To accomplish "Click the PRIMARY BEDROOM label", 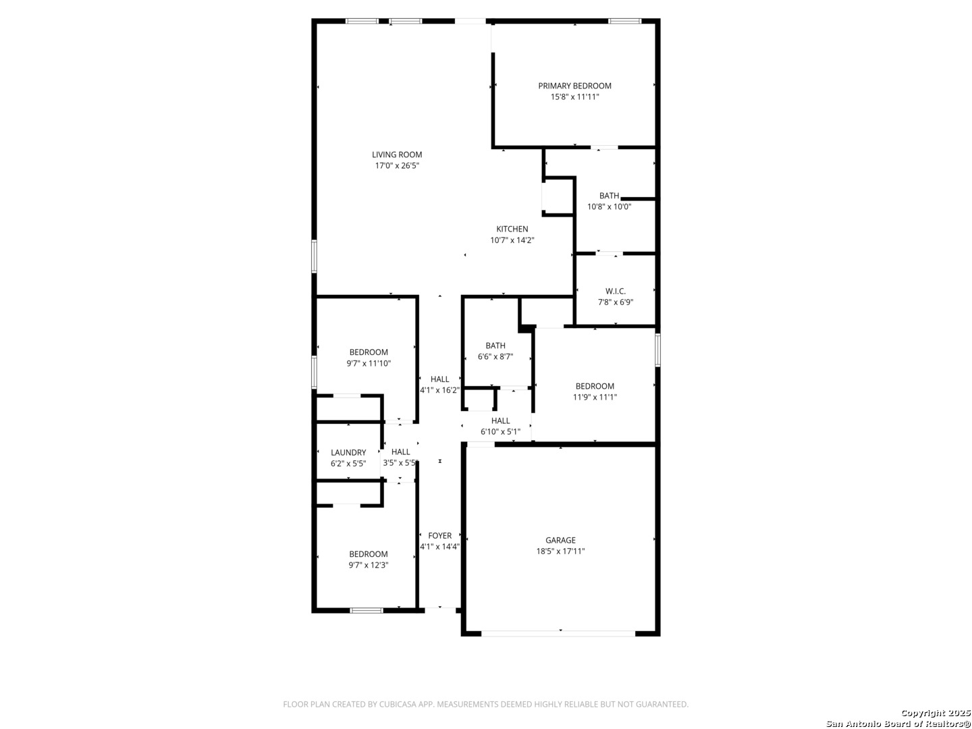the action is click(x=574, y=86).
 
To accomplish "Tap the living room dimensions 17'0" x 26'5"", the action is click(x=397, y=165).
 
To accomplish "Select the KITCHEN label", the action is click(x=512, y=229).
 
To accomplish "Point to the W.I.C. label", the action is click(x=615, y=291).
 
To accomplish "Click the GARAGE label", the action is click(x=560, y=540).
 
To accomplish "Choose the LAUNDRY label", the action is click(x=348, y=452).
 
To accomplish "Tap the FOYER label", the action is click(x=439, y=535).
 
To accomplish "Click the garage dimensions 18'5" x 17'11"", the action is click(x=560, y=551).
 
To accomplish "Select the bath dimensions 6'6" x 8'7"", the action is click(x=495, y=356).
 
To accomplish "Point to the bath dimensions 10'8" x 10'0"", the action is click(x=609, y=207).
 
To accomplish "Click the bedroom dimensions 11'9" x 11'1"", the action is click(x=595, y=397).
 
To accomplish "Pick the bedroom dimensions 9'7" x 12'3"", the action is click(x=369, y=565).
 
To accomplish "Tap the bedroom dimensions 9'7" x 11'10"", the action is click(x=369, y=363).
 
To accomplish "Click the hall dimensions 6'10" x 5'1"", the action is click(x=500, y=431).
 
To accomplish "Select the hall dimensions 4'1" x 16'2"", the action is click(x=439, y=390).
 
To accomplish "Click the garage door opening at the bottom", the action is click(x=558, y=633).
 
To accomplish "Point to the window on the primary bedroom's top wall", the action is click(x=624, y=21).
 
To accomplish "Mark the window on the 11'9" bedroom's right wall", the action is click(x=657, y=350).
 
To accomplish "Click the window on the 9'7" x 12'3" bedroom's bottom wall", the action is click(x=367, y=610).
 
